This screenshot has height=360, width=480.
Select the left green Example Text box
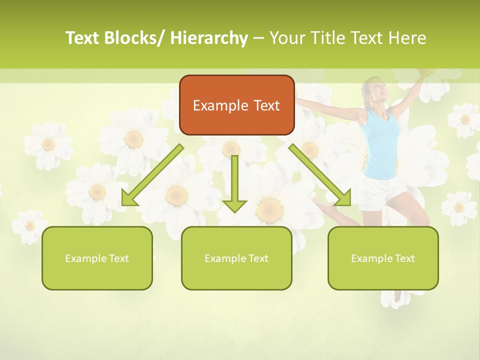(x=97, y=258)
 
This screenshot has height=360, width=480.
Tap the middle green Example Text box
(x=236, y=258)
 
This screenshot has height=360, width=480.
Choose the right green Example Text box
(x=383, y=258)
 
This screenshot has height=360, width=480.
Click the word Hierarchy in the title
(x=209, y=38)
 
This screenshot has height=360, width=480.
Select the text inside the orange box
(x=236, y=105)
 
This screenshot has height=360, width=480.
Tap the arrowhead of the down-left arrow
(x=129, y=198)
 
